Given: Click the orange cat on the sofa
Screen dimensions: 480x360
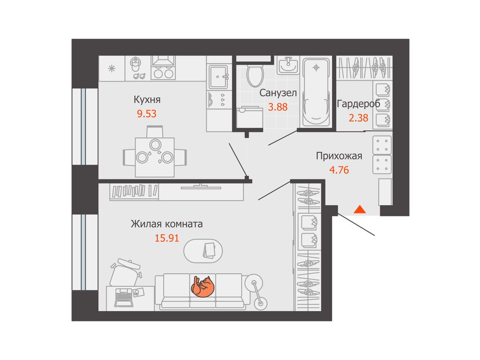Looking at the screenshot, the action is pyautogui.click(x=202, y=286).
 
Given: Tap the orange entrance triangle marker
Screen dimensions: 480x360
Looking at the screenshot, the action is pyautogui.click(x=360, y=210).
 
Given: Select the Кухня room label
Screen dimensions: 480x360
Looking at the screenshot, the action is pyautogui.click(x=147, y=100).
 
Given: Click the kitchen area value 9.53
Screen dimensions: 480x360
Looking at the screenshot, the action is pyautogui.click(x=147, y=114).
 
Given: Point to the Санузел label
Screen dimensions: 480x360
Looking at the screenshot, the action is pyautogui.click(x=278, y=93).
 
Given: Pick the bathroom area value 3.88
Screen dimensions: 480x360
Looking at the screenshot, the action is pyautogui.click(x=278, y=107).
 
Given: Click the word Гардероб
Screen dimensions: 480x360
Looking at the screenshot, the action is pyautogui.click(x=359, y=104).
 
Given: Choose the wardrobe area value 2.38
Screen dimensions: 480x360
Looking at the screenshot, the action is pyautogui.click(x=359, y=118).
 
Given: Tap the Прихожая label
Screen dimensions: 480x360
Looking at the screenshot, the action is pyautogui.click(x=339, y=156).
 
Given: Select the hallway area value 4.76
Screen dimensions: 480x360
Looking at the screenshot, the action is pyautogui.click(x=339, y=170).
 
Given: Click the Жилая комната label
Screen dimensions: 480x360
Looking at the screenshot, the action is pyautogui.click(x=167, y=224).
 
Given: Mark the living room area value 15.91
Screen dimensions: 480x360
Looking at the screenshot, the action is pyautogui.click(x=167, y=238).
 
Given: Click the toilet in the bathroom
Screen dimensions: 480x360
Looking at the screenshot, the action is pyautogui.click(x=255, y=74).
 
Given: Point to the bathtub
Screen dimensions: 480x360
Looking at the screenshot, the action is pyautogui.click(x=316, y=91).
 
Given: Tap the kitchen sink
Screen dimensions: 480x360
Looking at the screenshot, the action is pyautogui.click(x=218, y=77).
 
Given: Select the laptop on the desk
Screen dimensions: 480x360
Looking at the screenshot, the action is pyautogui.click(x=124, y=297).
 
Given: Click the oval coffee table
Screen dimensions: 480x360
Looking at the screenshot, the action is pyautogui.click(x=203, y=251).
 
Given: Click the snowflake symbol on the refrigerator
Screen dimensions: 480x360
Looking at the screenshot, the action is pyautogui.click(x=112, y=68).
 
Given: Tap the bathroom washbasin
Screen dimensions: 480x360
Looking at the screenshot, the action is pyautogui.click(x=288, y=66).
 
